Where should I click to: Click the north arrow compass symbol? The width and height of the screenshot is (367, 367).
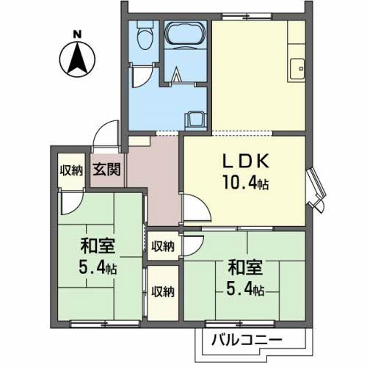[x=77, y=59]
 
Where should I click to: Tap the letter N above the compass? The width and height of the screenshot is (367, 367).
[x=77, y=34]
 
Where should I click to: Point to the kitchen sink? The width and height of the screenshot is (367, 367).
[x=297, y=69]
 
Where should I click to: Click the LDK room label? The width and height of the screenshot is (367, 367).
[x=245, y=161]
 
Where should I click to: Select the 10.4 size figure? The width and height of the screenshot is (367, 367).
[x=245, y=183]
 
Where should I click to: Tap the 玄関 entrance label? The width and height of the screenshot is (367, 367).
[x=106, y=169]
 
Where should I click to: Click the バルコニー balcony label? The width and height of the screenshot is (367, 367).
[x=247, y=340]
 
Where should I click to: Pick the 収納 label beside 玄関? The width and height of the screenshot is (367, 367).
[x=71, y=170]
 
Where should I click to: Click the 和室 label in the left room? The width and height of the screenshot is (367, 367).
[x=98, y=246]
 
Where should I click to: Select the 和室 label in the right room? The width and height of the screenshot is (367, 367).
[x=245, y=267]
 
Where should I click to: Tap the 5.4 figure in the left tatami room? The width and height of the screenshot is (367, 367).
[x=98, y=267]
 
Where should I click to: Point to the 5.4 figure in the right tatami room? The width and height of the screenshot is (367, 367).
[x=245, y=288]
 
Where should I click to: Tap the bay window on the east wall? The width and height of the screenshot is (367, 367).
[x=316, y=190]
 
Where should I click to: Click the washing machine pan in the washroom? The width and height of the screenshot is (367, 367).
[x=196, y=121]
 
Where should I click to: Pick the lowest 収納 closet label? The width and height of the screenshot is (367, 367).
[x=163, y=291]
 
